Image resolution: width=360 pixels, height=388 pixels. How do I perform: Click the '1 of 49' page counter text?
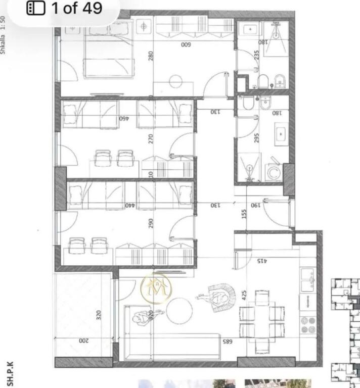pos(76,9)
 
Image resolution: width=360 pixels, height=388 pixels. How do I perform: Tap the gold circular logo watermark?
pos(156,289)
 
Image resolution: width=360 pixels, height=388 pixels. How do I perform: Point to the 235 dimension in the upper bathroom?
pos(256,54)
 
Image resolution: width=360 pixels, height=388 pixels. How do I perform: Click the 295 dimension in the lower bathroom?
pos(256,137)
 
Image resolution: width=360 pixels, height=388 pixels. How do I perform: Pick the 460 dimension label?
pos(124,118)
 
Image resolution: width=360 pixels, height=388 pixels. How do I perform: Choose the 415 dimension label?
pos(261,261)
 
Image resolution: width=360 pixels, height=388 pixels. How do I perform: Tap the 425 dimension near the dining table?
pos(244,295)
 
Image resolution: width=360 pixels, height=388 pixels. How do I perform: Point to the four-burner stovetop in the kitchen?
pos(307,325)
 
